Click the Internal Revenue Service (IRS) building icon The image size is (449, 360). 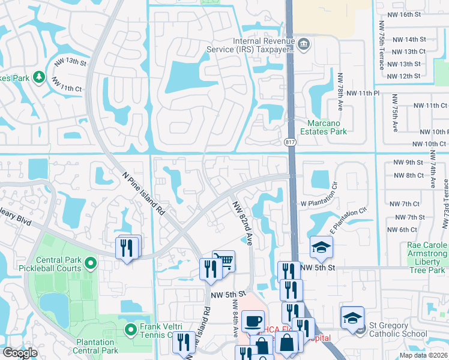[x=304, y=43]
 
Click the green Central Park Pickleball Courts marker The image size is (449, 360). [x=90, y=263]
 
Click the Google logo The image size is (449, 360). [x=20, y=353]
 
